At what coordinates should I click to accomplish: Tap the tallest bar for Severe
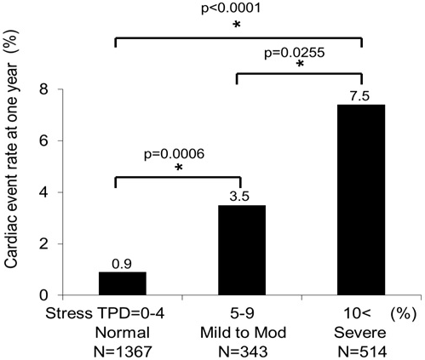coord(362,199)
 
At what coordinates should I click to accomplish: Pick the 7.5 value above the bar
coord(362,95)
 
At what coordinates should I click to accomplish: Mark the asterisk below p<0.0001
coord(237,27)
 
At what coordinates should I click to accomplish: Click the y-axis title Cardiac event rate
coord(14,170)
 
